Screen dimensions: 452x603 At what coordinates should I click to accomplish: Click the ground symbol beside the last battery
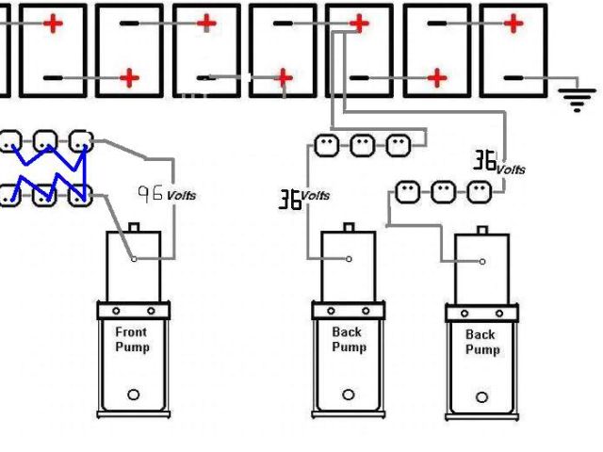(x=578, y=97)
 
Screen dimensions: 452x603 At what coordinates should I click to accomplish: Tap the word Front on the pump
(x=132, y=332)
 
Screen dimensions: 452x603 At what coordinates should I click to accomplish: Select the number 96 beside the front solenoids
(x=150, y=193)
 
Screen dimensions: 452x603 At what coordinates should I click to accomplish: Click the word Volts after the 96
(x=182, y=196)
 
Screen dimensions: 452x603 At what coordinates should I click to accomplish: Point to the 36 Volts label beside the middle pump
(x=303, y=198)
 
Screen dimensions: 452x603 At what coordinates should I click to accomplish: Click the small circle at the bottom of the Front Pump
(x=133, y=395)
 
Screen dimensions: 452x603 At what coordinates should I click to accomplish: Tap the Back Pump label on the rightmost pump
(x=481, y=342)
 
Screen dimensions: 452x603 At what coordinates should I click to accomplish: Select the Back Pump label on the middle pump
(x=348, y=340)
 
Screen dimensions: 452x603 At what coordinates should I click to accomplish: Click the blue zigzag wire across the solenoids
(x=47, y=169)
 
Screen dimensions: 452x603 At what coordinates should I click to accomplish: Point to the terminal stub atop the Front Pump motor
(x=133, y=228)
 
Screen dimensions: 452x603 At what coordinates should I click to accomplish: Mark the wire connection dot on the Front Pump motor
(x=134, y=258)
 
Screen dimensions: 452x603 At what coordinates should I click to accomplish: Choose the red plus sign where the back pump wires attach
(x=359, y=24)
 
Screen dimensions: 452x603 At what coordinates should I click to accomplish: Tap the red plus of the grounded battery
(x=513, y=23)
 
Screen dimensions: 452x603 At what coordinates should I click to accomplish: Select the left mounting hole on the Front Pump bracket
(x=116, y=311)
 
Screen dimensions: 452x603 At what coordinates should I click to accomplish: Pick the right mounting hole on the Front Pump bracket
(x=150, y=311)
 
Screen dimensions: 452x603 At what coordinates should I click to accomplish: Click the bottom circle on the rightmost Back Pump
(x=481, y=396)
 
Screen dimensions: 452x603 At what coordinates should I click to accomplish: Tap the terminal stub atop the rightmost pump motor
(x=482, y=229)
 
